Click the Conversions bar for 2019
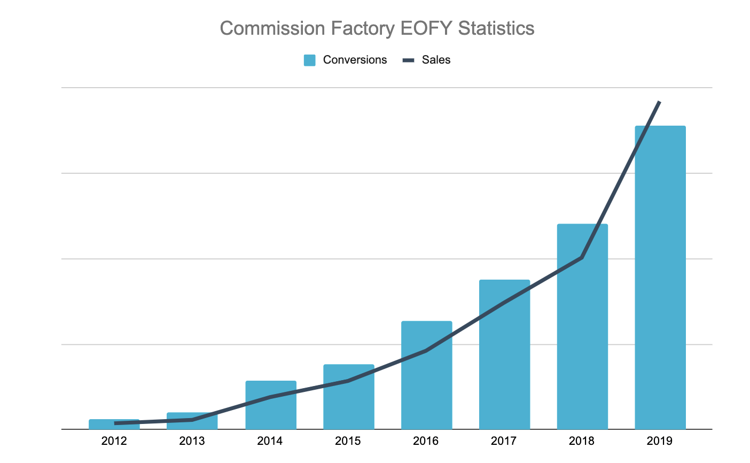(660, 277)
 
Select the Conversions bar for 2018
(582, 342)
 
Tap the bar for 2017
(504, 364)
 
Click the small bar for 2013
(192, 424)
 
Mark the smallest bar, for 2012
(114, 426)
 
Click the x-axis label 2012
(114, 441)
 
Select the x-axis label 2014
(270, 441)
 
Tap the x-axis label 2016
(426, 441)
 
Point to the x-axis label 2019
(660, 441)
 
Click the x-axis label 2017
(504, 441)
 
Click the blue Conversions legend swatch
(310, 60)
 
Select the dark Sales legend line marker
(408, 60)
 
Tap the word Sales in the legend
(436, 60)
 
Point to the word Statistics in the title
(496, 28)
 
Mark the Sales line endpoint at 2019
(660, 102)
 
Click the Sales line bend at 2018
(582, 258)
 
